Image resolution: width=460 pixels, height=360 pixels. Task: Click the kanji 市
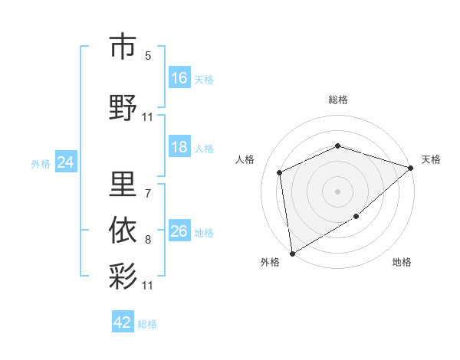pyautogui.click(x=123, y=47)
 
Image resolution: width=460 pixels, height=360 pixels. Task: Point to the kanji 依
pyautogui.click(x=123, y=228)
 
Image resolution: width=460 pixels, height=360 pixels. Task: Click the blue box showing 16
pyautogui.click(x=179, y=77)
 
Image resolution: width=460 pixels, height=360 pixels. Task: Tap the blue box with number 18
pyautogui.click(x=179, y=147)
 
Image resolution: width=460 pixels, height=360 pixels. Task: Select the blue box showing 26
pyautogui.click(x=179, y=231)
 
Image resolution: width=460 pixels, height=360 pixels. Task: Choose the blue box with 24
pyautogui.click(x=66, y=162)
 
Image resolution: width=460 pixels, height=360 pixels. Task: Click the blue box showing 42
pyautogui.click(x=123, y=322)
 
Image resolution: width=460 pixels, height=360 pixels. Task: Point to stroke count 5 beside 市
pyautogui.click(x=148, y=56)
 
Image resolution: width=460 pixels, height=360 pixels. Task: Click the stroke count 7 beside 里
pyautogui.click(x=148, y=185)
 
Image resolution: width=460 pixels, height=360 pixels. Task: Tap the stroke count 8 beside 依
pyautogui.click(x=148, y=240)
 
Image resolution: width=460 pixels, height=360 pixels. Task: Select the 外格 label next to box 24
pyautogui.click(x=41, y=163)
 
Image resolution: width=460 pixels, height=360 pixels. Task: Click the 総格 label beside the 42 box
pyautogui.click(x=147, y=323)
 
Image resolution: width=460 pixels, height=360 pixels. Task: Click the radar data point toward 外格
pyautogui.click(x=292, y=252)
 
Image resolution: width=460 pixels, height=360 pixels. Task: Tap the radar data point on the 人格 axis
pyautogui.click(x=280, y=172)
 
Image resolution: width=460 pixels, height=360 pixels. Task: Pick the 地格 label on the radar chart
pyautogui.click(x=402, y=262)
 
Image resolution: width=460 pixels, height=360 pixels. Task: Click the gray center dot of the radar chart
pyautogui.click(x=337, y=191)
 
